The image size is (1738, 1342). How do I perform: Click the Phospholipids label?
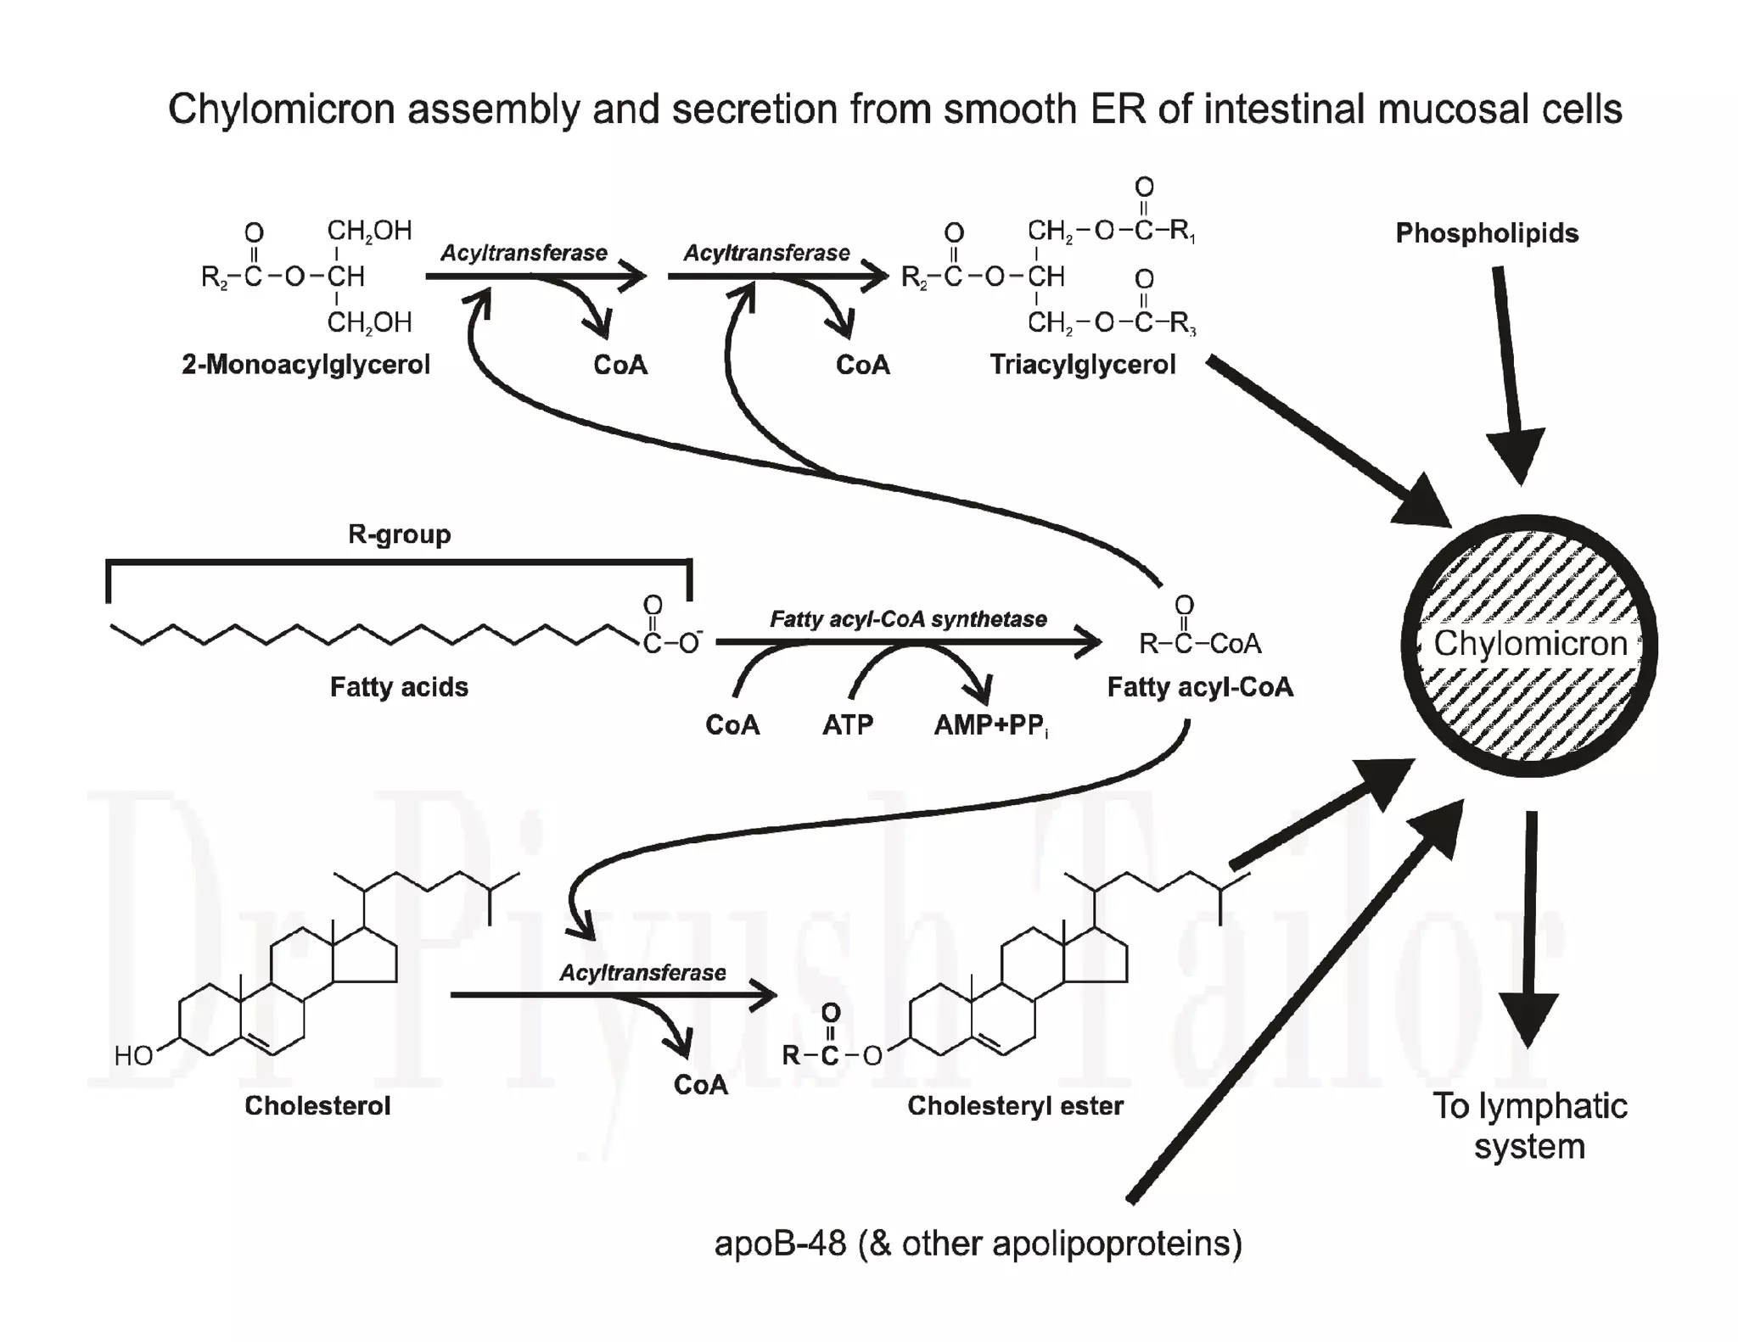(x=1487, y=233)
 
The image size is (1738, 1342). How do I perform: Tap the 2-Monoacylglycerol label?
(x=306, y=365)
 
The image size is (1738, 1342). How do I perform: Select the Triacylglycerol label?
(x=1083, y=365)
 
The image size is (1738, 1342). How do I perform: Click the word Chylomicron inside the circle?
(x=1530, y=643)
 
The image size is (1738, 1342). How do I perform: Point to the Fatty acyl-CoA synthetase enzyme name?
(x=908, y=619)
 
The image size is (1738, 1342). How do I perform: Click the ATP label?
(x=847, y=725)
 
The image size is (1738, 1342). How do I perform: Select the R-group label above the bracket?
(x=399, y=534)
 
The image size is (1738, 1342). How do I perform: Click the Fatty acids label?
(x=399, y=686)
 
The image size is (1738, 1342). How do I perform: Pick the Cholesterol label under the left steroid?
(x=317, y=1105)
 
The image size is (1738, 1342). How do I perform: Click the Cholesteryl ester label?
(x=1015, y=1105)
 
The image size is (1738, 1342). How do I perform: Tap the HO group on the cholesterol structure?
(x=133, y=1056)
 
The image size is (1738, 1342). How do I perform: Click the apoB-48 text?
(x=780, y=1244)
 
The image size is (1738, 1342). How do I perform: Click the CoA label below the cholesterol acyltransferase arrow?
(x=700, y=1085)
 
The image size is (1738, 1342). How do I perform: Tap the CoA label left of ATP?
(x=732, y=725)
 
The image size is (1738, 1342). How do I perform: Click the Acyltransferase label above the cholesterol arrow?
(x=642, y=973)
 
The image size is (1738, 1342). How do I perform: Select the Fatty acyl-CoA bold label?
(x=1200, y=686)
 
